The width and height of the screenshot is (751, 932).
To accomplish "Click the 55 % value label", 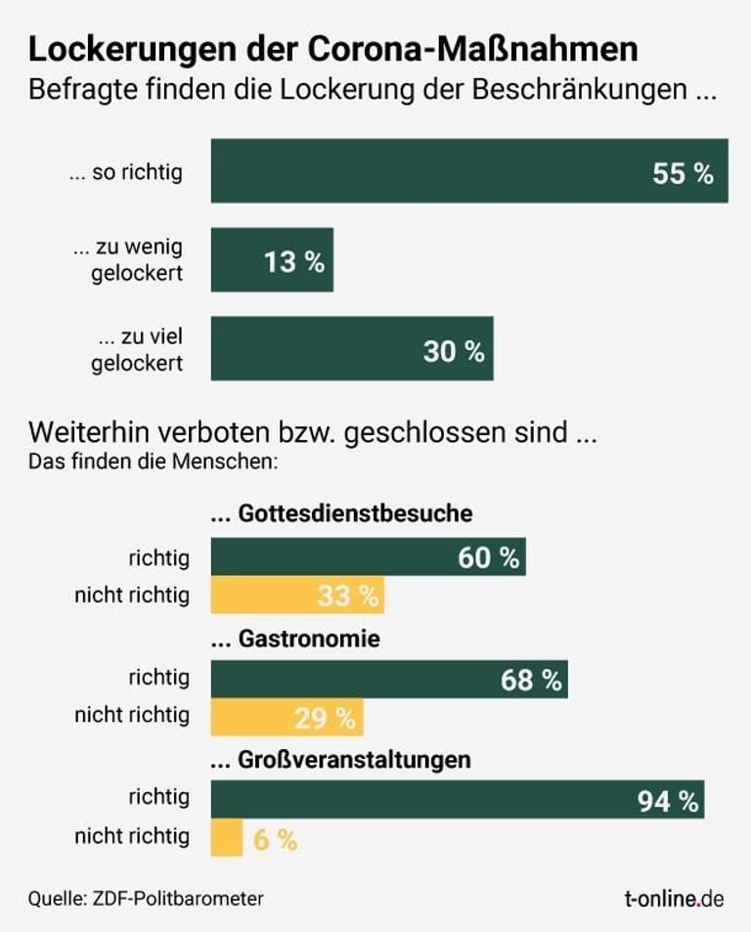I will [683, 174].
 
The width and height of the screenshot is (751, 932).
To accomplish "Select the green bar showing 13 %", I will [272, 260].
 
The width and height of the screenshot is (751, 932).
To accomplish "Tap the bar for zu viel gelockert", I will [352, 348].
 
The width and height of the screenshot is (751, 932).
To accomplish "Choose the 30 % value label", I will [454, 351].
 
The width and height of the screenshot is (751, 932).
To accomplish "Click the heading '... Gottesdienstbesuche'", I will [342, 512].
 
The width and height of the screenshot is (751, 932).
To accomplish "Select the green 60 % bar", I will [368, 557].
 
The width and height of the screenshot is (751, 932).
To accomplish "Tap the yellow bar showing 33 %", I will [297, 595].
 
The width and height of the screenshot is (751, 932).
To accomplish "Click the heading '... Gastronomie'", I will [295, 640].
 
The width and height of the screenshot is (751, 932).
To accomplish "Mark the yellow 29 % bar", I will [287, 718].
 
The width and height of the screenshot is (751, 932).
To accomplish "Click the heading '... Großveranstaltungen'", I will [341, 759].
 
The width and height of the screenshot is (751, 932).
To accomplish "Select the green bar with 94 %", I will [458, 800].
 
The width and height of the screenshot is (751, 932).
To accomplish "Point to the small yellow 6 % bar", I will [227, 837].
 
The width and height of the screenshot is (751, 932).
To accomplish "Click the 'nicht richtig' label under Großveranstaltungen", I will [132, 836].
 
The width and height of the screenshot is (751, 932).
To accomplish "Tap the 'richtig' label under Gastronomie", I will [158, 678].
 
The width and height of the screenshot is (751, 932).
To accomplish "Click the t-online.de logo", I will [675, 898].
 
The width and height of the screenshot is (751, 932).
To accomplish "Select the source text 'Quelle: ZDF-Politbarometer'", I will [146, 898].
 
